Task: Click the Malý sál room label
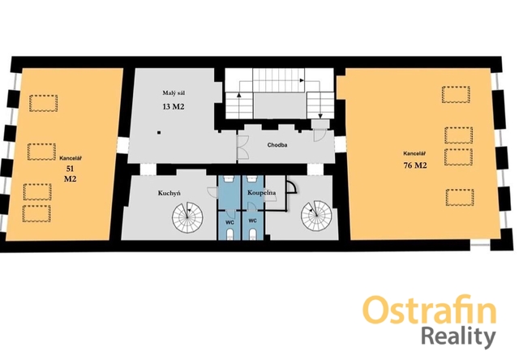click(174, 93)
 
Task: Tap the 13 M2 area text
click(174, 106)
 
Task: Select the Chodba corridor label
click(277, 145)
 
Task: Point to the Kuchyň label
click(169, 193)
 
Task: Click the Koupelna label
click(262, 193)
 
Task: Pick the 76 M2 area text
click(415, 165)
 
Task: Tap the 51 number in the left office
click(70, 169)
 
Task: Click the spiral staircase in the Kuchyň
click(187, 217)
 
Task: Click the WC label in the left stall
click(229, 222)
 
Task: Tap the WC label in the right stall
click(252, 221)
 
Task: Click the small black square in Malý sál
click(159, 133)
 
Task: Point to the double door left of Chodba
click(242, 147)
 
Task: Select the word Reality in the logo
click(458, 336)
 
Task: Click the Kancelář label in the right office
click(414, 153)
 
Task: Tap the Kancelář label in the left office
click(71, 158)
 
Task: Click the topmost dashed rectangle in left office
click(43, 103)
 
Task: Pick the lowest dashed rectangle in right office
click(460, 197)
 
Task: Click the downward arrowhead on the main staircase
click(320, 116)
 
